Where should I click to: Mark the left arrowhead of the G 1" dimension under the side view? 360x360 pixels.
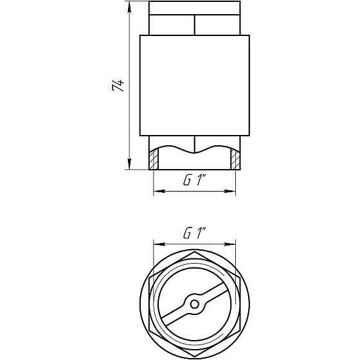click(156, 192)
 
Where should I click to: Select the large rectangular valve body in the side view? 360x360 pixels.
click(194, 85)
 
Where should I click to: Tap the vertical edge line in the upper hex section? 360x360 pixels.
click(194, 25)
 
